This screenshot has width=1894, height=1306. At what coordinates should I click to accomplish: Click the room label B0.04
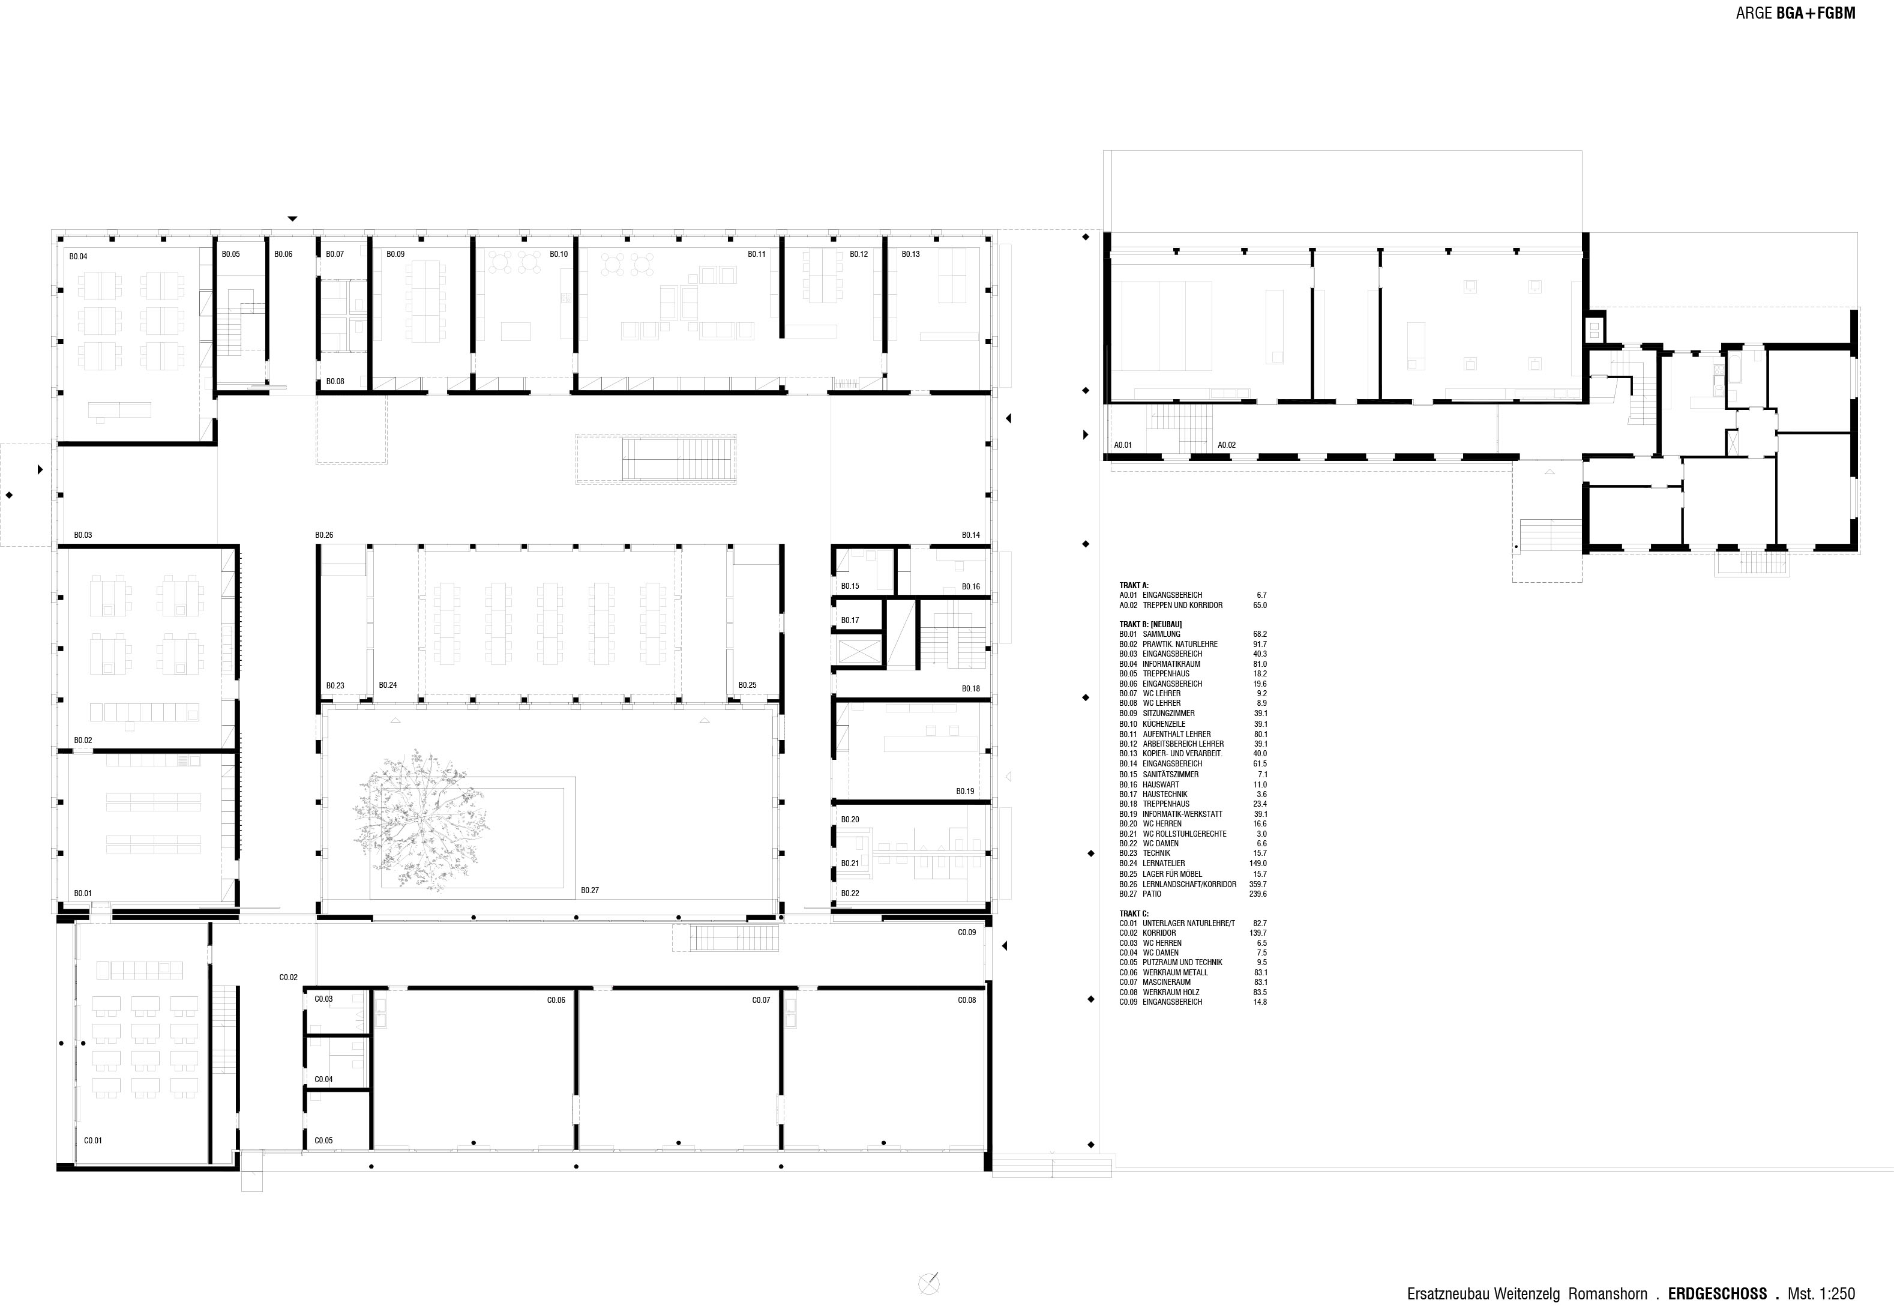click(x=79, y=257)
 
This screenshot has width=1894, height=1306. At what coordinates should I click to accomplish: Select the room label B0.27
click(x=590, y=890)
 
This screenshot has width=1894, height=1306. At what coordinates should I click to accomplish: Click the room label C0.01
click(x=93, y=1140)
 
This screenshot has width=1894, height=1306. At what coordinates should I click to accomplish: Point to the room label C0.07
click(x=761, y=1000)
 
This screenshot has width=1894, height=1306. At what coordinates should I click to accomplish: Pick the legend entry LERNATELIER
click(x=1164, y=863)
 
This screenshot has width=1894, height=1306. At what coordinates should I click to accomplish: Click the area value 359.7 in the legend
click(x=1259, y=883)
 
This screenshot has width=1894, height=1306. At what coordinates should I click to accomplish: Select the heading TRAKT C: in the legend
click(x=1134, y=913)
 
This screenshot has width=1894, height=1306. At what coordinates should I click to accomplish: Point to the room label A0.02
click(x=1227, y=445)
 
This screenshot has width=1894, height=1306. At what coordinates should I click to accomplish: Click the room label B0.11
click(x=757, y=254)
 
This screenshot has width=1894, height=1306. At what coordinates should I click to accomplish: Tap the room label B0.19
click(x=966, y=791)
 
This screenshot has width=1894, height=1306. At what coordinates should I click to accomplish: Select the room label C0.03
click(x=324, y=999)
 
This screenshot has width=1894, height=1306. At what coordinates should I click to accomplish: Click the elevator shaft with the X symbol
click(x=858, y=652)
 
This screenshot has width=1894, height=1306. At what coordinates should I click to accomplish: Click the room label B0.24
click(x=388, y=685)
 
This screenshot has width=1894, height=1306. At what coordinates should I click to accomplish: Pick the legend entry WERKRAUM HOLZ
click(x=1170, y=992)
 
